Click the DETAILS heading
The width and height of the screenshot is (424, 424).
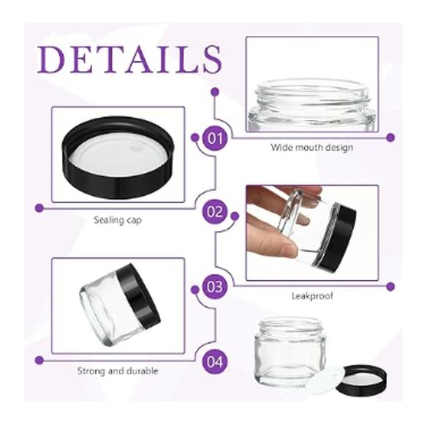pos(129,58)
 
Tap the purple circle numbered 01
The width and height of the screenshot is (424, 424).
pos(215,137)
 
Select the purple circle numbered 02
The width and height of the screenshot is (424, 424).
pos(215,213)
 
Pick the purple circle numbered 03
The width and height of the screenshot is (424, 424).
pos(215,287)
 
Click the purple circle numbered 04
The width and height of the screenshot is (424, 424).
pos(215,360)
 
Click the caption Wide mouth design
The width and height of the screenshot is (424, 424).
pos(312,148)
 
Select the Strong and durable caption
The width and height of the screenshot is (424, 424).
pos(118,371)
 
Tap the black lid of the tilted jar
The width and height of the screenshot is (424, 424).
pos(139,292)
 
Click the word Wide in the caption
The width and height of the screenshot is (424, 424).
pos(281,148)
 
